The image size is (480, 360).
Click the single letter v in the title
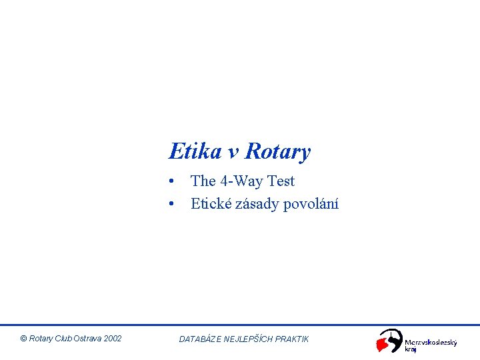[234, 153]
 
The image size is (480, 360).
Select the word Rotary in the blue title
[277, 153]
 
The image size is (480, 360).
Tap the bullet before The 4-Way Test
[172, 181]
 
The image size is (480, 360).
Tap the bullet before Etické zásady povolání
[172, 204]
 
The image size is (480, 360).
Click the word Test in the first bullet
[282, 181]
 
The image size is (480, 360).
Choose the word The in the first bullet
[203, 181]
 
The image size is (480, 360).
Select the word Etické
[211, 204]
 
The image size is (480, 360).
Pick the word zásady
[257, 204]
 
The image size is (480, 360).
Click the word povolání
[311, 204]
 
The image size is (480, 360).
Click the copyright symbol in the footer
[24, 339]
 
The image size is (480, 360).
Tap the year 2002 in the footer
[113, 339]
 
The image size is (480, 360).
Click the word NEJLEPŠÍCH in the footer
[249, 339]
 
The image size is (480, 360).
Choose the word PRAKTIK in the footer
[293, 339]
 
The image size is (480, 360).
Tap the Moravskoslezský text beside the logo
[431, 343]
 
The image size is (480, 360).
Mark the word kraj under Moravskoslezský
[411, 350]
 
